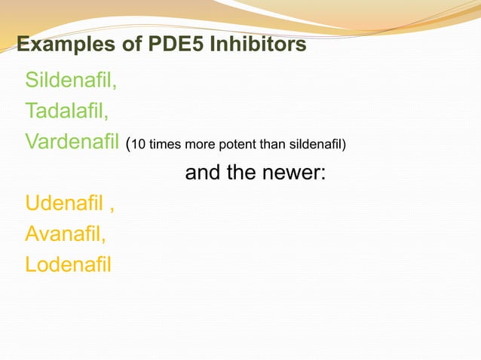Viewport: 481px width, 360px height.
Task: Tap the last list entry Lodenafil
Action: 68,265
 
